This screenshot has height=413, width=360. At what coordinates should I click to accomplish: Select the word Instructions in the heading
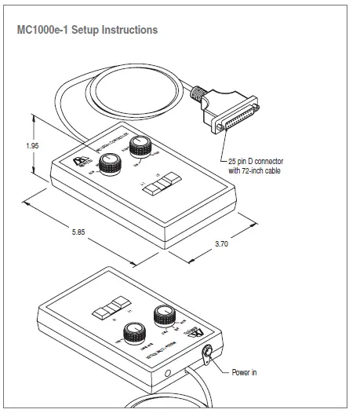[x=129, y=30]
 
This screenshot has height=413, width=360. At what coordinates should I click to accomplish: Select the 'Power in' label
[x=244, y=372]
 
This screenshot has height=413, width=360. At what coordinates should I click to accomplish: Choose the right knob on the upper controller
[x=142, y=146]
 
